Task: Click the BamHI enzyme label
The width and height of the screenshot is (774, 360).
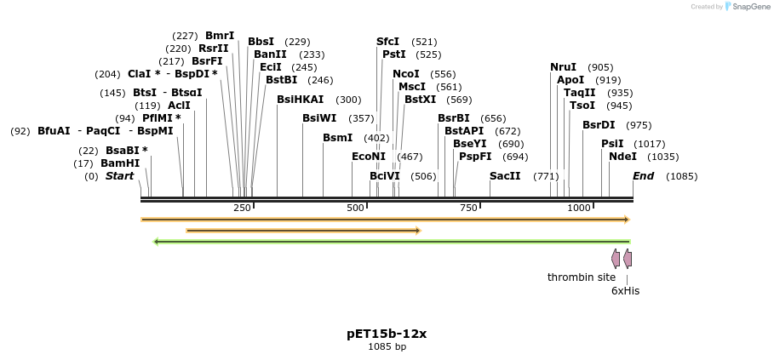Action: coord(120,163)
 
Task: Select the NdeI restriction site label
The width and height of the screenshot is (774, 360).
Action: coord(622,157)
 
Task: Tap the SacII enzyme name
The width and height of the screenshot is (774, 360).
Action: coord(505,176)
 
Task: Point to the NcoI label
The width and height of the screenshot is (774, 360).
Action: coord(406,74)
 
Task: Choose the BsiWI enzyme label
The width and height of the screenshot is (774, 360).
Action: coord(319,118)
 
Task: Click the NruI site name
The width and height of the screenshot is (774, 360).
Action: coord(563,67)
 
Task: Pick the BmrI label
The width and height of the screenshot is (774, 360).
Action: coord(220,36)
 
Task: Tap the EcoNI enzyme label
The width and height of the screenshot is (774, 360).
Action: coord(369,157)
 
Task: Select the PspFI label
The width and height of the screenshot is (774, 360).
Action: coord(475,157)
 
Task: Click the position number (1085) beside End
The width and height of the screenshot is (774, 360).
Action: coord(681,176)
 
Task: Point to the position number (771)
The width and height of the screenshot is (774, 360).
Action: coord(546,176)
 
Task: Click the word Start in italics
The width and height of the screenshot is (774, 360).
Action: coord(120,176)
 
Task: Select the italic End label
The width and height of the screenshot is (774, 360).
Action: coord(643,176)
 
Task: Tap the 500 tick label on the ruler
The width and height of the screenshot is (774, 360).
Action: coord(355,209)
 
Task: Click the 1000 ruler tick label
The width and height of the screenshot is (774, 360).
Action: coord(579,209)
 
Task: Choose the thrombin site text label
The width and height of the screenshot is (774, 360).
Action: coord(581,277)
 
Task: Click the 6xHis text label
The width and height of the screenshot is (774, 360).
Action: coord(625,291)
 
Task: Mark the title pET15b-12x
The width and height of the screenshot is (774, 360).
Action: coord(387,334)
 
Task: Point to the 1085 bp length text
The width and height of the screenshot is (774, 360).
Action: coord(387,347)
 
